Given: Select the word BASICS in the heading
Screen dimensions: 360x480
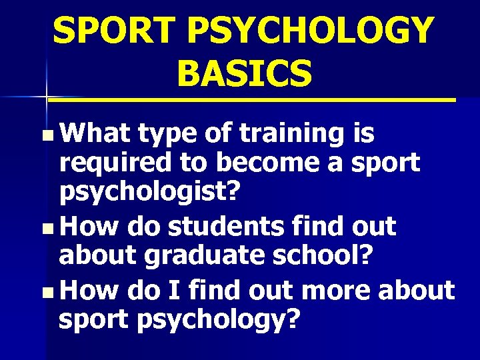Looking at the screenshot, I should pos(245,73).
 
